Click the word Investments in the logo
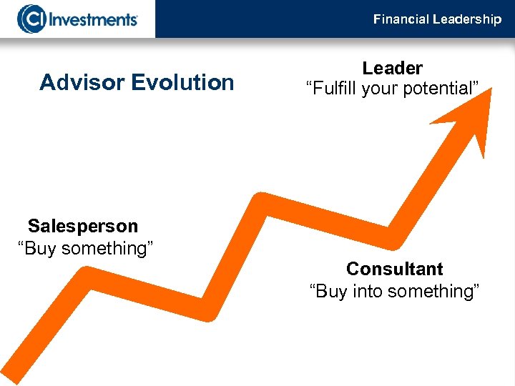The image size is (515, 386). click(x=92, y=19)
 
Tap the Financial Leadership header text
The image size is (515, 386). click(x=437, y=19)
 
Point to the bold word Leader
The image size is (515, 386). click(x=392, y=69)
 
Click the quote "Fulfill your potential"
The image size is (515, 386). click(x=392, y=89)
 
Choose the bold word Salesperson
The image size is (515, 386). click(x=83, y=227)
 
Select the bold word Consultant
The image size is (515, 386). click(x=394, y=269)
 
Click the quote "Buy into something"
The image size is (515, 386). click(x=394, y=292)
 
